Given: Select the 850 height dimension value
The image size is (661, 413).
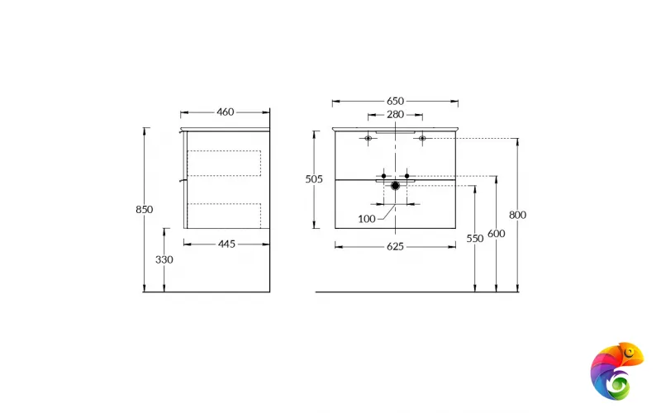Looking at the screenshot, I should (x=144, y=210).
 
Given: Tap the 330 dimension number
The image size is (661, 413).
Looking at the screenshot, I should (x=164, y=259).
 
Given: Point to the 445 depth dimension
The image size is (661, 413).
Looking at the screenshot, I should (x=226, y=244).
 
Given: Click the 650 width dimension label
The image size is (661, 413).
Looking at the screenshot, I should (x=395, y=101).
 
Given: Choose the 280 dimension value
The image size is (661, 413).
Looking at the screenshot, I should (x=395, y=115).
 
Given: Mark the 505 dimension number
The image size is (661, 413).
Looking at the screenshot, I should (x=314, y=178).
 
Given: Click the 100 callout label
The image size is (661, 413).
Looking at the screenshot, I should (x=367, y=219).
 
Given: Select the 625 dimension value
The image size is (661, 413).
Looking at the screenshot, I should (x=395, y=245).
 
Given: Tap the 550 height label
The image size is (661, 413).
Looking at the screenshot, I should (x=474, y=238).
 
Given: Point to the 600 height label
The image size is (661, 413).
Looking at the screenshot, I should (x=496, y=234).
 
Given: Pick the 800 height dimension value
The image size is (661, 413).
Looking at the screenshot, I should (x=517, y=215).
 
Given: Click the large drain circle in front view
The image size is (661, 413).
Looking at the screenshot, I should (x=396, y=186).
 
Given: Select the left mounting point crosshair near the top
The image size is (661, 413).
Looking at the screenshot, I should (x=369, y=138).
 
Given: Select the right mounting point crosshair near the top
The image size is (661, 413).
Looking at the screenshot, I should (x=422, y=138).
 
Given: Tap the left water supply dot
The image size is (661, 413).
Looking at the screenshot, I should (x=383, y=176).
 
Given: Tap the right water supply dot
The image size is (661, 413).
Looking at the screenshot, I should (x=408, y=176).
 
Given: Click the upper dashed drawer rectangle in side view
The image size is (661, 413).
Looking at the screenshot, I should (x=225, y=163).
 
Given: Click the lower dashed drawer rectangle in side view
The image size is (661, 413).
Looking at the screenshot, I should (x=225, y=214).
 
